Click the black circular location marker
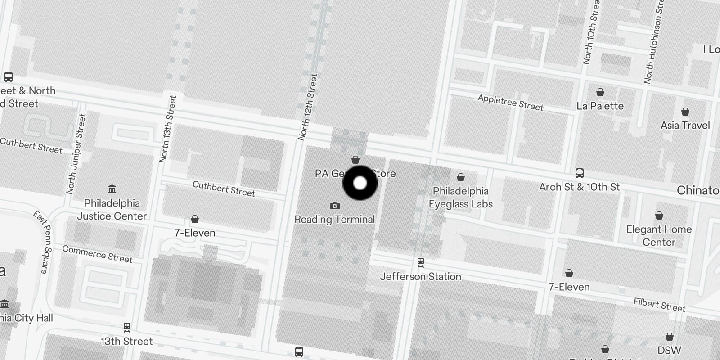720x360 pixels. pos(360,183)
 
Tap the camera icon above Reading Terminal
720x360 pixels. pos(334,206)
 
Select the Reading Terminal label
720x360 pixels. pos(334,220)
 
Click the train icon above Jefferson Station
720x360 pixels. pos(421,261)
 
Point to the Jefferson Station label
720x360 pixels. pos(421,276)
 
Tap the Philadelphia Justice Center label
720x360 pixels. pos(112,210)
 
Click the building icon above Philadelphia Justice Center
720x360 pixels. pos(112,189)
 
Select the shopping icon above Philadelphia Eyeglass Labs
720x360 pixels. pos(460,177)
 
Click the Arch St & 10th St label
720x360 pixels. pos(579,187)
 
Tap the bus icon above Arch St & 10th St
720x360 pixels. pos(580,173)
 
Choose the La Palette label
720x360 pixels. pos(600,106)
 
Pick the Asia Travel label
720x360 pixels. pos(685,126)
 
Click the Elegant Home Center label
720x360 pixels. pos(659,236)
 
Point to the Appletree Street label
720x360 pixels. pos(510,103)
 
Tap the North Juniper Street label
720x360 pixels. pos(76,154)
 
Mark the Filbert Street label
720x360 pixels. pos(659,305)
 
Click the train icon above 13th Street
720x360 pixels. pos(127,327)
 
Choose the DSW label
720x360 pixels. pos(669,350)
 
